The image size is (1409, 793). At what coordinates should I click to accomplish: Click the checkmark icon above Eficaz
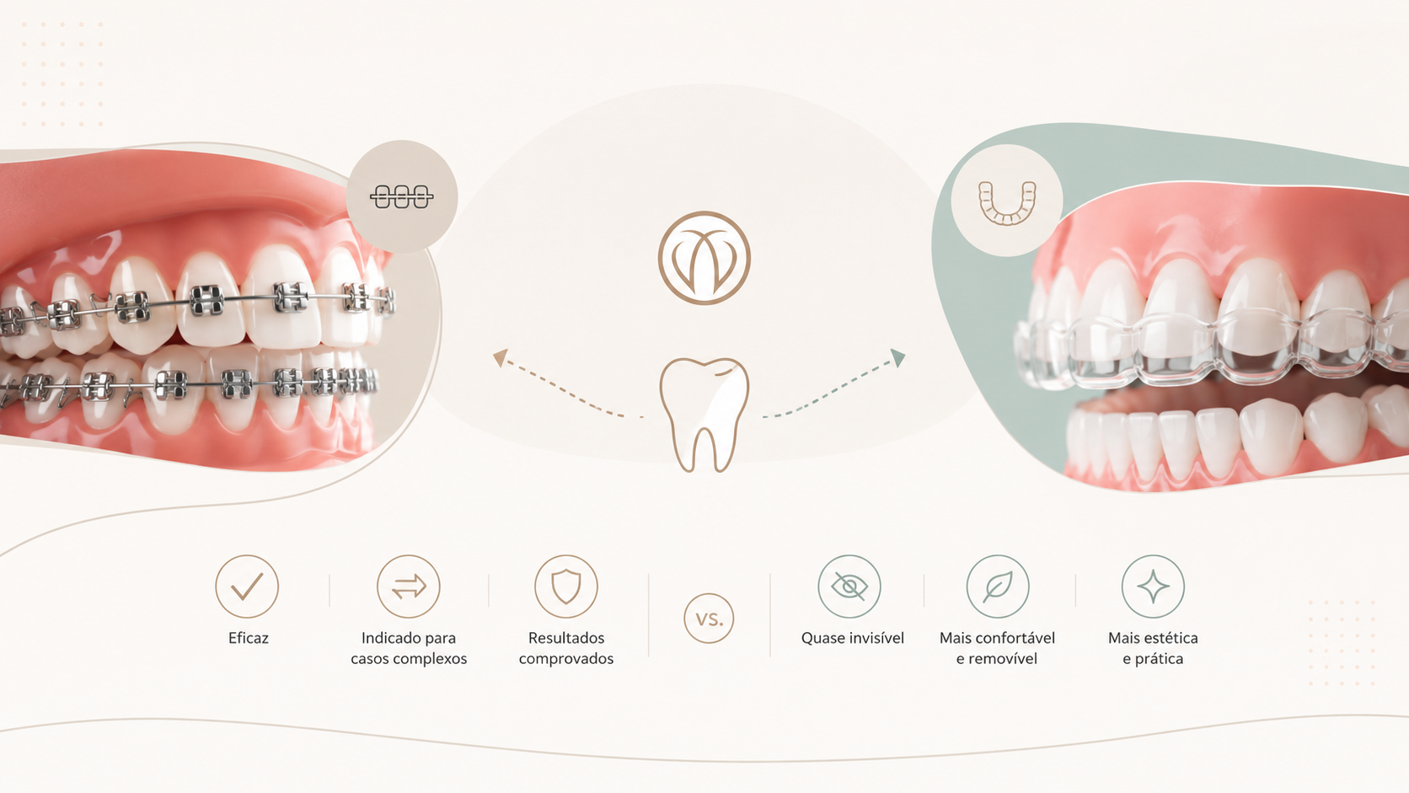(x=247, y=586)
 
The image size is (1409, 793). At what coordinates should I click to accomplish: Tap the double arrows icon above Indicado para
(x=409, y=586)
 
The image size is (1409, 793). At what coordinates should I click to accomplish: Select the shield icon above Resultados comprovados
(x=566, y=586)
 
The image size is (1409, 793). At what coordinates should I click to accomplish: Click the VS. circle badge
(x=709, y=619)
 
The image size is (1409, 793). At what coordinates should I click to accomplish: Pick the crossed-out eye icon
(x=849, y=586)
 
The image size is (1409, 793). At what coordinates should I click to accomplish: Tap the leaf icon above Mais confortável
(x=998, y=586)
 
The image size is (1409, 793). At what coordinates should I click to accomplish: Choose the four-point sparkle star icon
(x=1153, y=586)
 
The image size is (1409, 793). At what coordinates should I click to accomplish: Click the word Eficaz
(x=249, y=638)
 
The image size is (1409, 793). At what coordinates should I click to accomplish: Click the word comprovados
(x=566, y=659)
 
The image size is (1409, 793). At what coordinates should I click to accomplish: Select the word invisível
(x=877, y=638)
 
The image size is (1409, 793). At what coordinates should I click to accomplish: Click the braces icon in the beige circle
(x=401, y=197)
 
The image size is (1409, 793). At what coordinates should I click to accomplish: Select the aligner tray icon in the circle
(x=1007, y=203)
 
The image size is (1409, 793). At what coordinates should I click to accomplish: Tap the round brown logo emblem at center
(x=704, y=258)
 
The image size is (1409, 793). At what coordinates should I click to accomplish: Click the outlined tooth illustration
(x=704, y=415)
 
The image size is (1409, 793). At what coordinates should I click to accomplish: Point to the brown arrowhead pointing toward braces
(x=500, y=357)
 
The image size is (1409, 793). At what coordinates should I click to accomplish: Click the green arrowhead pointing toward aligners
(x=898, y=357)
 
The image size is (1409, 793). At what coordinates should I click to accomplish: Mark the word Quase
(x=822, y=638)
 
